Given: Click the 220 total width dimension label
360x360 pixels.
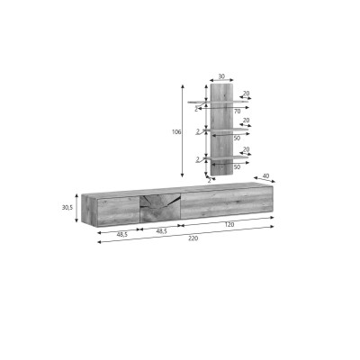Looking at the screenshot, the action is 193,238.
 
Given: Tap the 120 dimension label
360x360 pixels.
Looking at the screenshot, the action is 229,224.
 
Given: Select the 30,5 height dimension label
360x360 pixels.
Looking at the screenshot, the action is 67,207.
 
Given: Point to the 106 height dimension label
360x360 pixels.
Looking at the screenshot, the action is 176,131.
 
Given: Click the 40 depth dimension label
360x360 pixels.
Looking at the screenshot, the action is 265,176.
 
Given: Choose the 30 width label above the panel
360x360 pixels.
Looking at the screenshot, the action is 221,76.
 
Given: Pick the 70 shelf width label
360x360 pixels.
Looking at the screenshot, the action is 237,112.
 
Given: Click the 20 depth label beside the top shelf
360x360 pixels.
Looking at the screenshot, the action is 246,94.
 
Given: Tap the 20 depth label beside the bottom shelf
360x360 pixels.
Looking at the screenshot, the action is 246,149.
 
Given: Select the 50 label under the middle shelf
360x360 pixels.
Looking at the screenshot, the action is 237,139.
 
